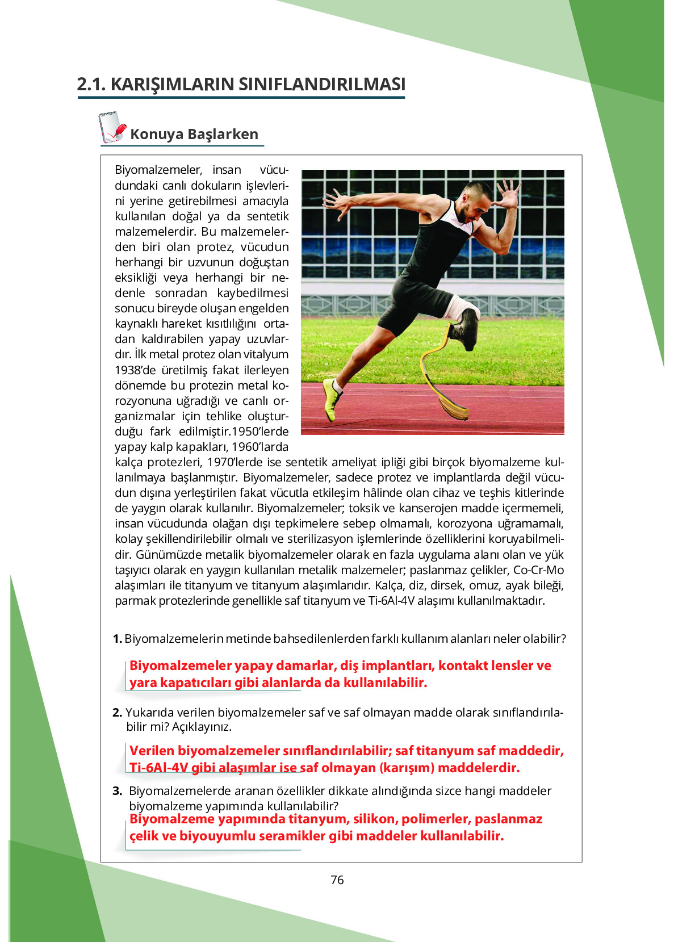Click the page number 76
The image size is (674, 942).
click(x=337, y=880)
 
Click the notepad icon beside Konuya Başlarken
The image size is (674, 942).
click(x=112, y=127)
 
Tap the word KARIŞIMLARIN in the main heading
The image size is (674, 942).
click(x=172, y=84)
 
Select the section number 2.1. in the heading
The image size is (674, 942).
click(x=91, y=84)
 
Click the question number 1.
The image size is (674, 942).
click(x=117, y=639)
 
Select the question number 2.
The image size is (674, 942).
click(x=117, y=713)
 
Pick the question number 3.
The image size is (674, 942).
click(x=117, y=791)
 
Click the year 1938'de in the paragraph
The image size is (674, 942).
click(x=136, y=370)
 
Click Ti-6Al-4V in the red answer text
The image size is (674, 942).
click(x=158, y=768)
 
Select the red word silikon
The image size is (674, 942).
click(x=374, y=819)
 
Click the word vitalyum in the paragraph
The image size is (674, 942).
click(x=264, y=354)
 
